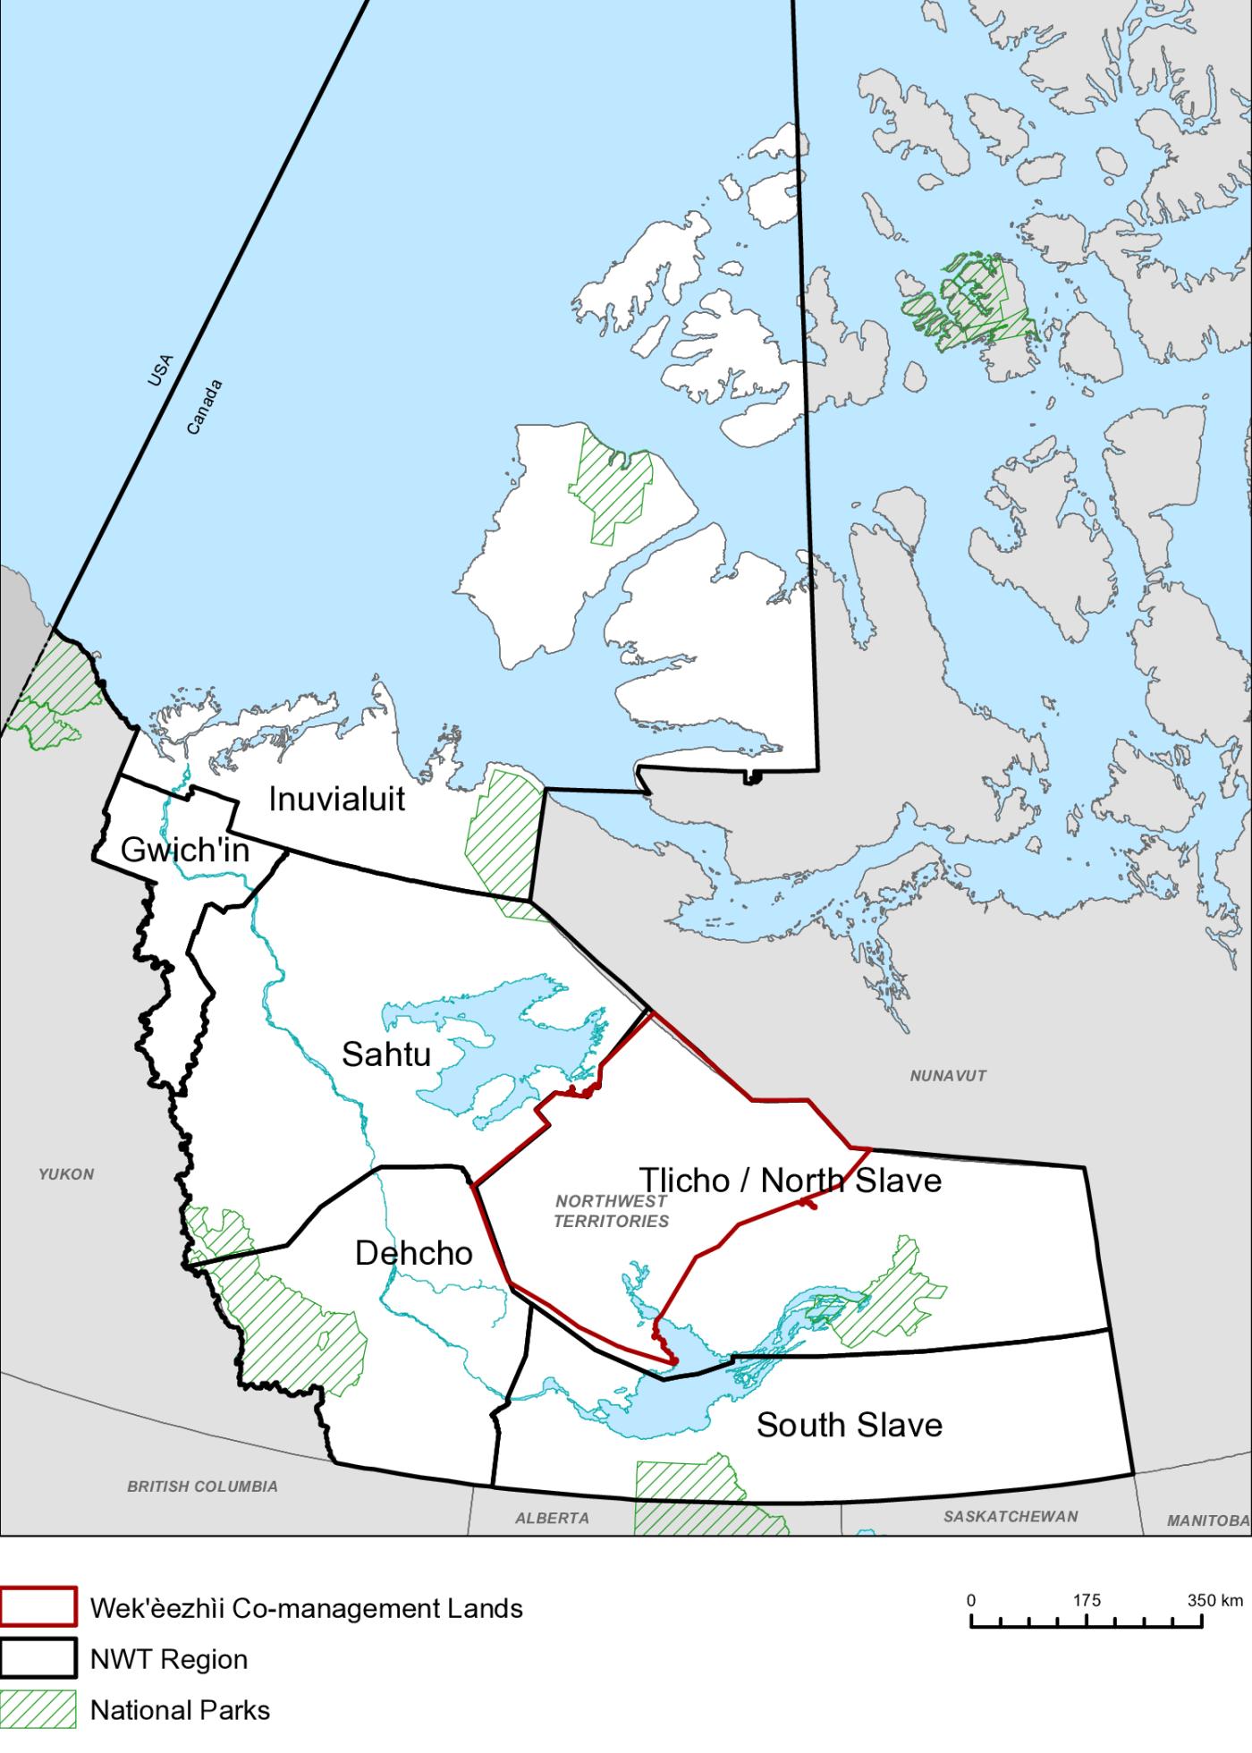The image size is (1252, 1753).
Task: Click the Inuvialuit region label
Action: (337, 799)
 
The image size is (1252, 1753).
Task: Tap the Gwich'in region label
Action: (185, 850)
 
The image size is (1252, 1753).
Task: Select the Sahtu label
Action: (386, 1054)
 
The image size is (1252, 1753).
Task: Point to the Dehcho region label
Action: (413, 1253)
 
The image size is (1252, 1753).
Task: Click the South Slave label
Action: (849, 1424)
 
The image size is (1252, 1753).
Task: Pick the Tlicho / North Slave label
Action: (790, 1181)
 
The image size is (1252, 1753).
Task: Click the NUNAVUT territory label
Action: (948, 1076)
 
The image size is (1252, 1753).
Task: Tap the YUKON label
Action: (66, 1174)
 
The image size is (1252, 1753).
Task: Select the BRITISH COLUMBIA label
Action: (202, 1486)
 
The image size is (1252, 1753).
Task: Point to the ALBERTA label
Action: (552, 1518)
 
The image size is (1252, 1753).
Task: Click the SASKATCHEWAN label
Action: (1011, 1516)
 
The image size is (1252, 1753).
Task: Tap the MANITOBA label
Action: (1207, 1520)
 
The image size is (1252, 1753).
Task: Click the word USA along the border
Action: (161, 370)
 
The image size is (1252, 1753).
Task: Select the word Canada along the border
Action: (204, 408)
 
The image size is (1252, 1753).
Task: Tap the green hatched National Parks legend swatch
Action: (38, 1709)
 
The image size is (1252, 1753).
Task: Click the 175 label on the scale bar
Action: (1087, 1600)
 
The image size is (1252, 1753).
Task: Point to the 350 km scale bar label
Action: (1214, 1600)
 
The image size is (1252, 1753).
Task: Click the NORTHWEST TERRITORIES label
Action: (611, 1211)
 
